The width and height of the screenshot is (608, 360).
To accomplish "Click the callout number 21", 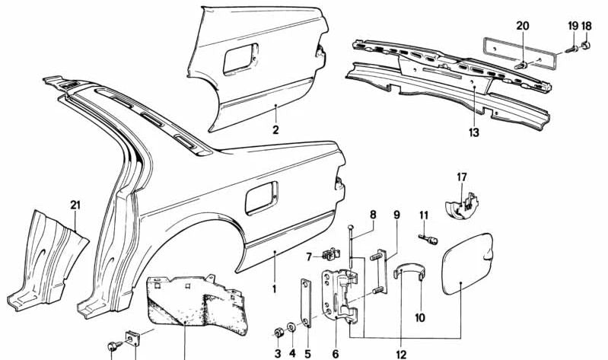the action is coord(75,205).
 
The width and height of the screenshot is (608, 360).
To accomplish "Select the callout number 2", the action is coord(275,130).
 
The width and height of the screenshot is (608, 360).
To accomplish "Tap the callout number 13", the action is coord(474,132).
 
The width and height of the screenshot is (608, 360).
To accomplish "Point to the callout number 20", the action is coord(522,26).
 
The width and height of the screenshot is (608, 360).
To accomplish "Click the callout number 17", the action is coord(461,177).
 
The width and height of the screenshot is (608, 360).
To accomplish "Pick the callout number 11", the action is coord(424,215).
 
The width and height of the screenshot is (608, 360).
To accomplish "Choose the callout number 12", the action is coord(401,354).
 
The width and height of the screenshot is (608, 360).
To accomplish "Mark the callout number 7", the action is coord(309,256).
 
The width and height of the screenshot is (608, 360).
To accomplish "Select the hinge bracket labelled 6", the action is coord(340,294).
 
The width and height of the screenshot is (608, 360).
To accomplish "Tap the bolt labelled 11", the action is coord(428,238).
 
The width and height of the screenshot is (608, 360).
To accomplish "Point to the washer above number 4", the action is coord(292,327).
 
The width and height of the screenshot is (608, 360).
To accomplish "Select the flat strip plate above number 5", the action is coord(306,303).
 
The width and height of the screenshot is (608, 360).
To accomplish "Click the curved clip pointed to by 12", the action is coord(409,269).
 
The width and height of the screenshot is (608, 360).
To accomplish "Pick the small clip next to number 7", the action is coord(332,253).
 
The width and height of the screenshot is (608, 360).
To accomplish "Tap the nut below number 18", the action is coord(586,46).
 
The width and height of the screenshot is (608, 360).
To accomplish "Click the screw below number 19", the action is coord(572,49).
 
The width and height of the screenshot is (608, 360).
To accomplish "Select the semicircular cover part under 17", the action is coord(460,205).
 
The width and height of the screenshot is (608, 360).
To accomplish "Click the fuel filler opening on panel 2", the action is coord(240,58).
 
